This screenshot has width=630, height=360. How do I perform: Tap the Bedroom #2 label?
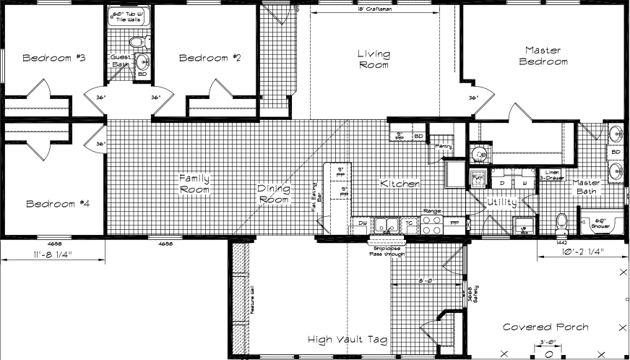click(209, 58)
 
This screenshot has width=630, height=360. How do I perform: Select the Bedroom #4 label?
click(57, 204)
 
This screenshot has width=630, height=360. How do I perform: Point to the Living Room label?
click(374, 59)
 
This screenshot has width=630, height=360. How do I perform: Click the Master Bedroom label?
click(546, 56)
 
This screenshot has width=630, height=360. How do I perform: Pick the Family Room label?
click(195, 184)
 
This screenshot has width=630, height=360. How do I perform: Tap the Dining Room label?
click(274, 194)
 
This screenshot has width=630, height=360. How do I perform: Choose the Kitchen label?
click(400, 184)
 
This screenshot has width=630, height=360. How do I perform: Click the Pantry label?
click(444, 147)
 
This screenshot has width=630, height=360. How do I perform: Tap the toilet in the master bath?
click(562, 222)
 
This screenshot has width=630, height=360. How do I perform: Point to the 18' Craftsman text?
click(374, 9)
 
